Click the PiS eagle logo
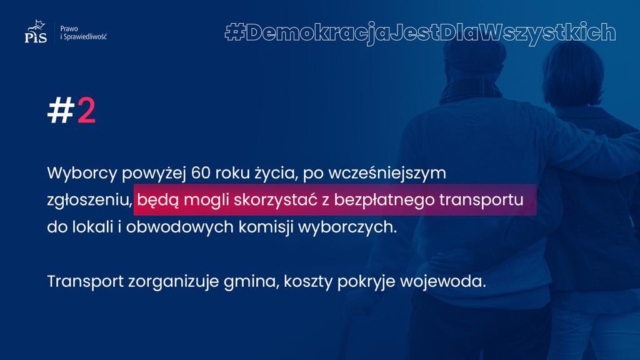pos(36,31)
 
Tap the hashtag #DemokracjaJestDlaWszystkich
pos(420,32)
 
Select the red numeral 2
pos(86,111)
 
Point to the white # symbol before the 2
pos(61,111)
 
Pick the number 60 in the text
pos(201,173)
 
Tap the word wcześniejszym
pos(387,174)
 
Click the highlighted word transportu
pos(481,201)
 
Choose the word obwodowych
pos(179,227)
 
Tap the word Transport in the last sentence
pos(85,282)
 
